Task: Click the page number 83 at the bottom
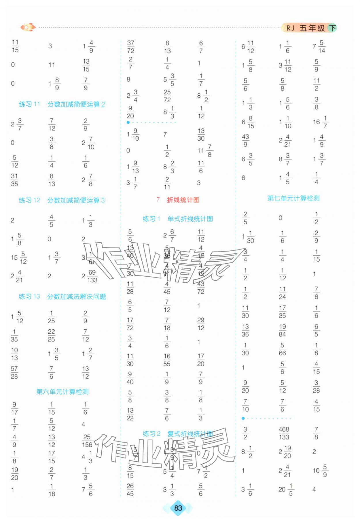pyautogui.click(x=178, y=508)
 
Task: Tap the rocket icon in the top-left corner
pyautogui.click(x=28, y=27)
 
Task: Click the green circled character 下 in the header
pyautogui.click(x=333, y=28)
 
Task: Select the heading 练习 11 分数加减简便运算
pyautogui.click(x=62, y=104)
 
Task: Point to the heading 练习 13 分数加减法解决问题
pyautogui.click(x=62, y=297)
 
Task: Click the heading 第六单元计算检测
pyautogui.click(x=62, y=392)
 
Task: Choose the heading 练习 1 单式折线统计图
pyautogui.click(x=178, y=219)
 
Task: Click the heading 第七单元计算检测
pyautogui.click(x=293, y=198)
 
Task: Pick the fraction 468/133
pyautogui.click(x=284, y=433)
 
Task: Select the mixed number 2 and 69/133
pyautogui.click(x=90, y=276)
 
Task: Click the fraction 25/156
pyautogui.click(x=87, y=441)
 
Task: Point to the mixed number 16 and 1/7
pyautogui.click(x=321, y=122)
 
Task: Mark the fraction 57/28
pyautogui.click(x=14, y=372)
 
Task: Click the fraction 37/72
pyautogui.click(x=131, y=47)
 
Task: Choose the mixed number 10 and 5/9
pyautogui.click(x=320, y=471)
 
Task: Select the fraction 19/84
pyautogui.click(x=282, y=330)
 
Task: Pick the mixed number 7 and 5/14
pyautogui.click(x=319, y=46)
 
